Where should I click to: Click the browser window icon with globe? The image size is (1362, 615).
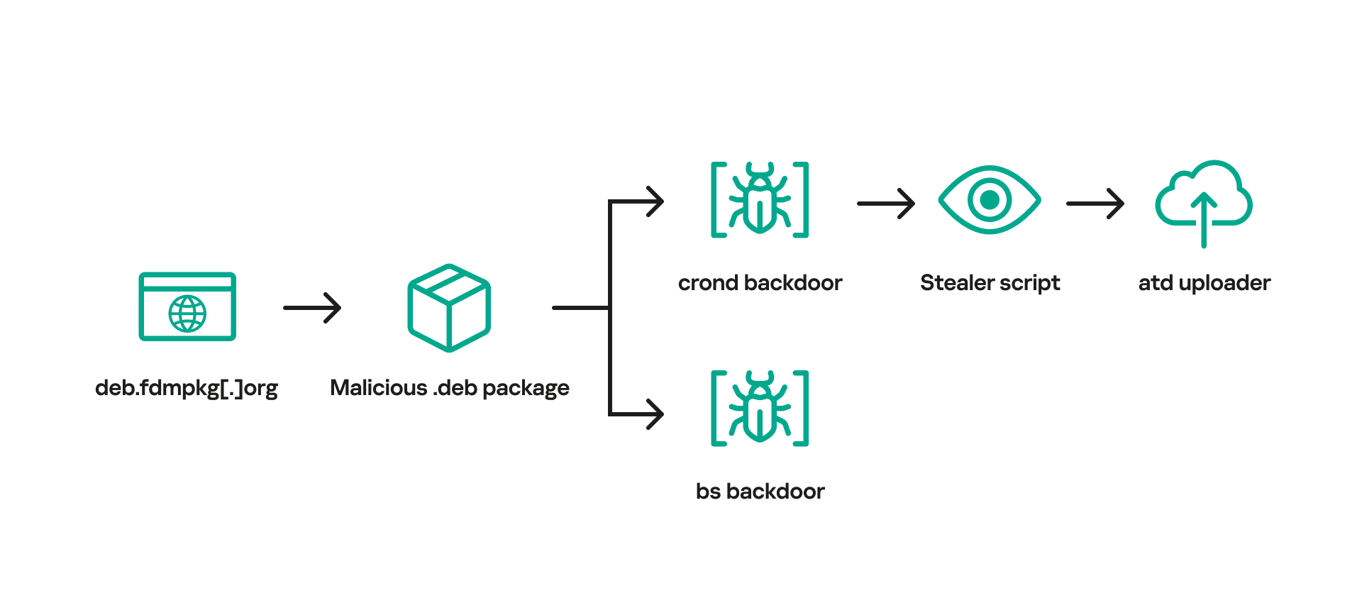[187, 306]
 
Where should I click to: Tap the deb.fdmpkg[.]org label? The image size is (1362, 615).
[187, 388]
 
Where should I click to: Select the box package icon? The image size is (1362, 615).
[449, 308]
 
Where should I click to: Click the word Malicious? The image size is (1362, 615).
[378, 388]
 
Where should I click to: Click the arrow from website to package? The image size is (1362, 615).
[312, 308]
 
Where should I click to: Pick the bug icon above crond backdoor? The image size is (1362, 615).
[760, 199]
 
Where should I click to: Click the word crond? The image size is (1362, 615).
[708, 283]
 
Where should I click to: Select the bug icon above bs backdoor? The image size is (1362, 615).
[760, 408]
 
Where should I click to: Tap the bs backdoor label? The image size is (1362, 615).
[760, 492]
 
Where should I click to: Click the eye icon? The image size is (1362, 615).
[990, 199]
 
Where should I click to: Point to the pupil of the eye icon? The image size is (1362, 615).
[990, 199]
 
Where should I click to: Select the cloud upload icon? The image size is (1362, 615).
[1204, 201]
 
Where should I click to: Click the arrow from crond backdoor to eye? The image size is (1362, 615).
[886, 204]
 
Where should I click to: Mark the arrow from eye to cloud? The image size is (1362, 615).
[1095, 204]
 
